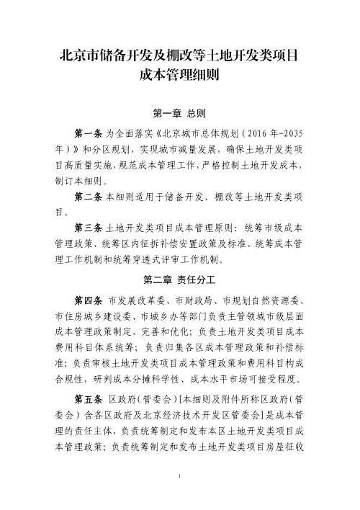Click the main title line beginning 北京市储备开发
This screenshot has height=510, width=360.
179,56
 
